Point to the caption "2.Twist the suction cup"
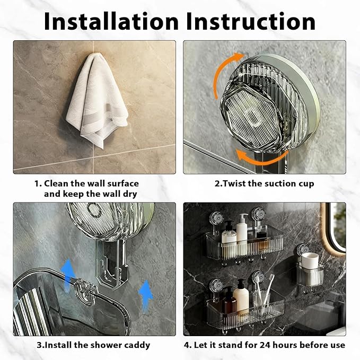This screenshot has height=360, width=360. [264, 183]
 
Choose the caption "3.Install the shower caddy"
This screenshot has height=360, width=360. [93, 345]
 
